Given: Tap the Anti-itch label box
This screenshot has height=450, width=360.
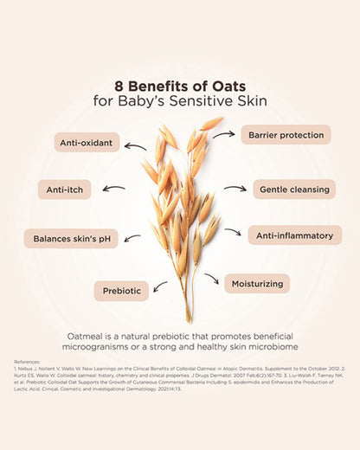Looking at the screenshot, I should (x=63, y=190).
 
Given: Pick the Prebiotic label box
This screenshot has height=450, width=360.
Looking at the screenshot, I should (x=120, y=292).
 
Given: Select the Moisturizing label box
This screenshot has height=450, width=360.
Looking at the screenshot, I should (x=257, y=283).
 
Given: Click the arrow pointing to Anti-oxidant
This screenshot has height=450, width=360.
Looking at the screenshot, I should (x=136, y=147).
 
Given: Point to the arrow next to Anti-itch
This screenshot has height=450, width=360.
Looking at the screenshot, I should (x=113, y=188).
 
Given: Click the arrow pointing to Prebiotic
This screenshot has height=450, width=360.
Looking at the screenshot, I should (x=160, y=286).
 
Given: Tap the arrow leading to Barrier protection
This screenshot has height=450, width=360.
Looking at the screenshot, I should (x=223, y=135).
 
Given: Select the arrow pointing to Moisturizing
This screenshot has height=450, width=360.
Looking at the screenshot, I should (x=211, y=279).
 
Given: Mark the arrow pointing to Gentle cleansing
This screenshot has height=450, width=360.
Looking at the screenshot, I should (x=235, y=188).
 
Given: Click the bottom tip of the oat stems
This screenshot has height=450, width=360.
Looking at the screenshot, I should (x=184, y=321).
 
